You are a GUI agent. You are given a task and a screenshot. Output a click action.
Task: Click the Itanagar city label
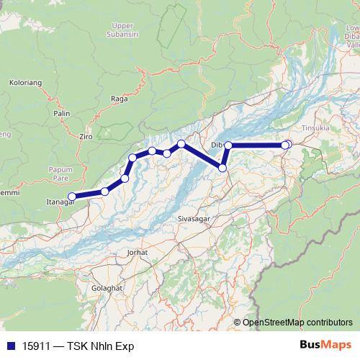[x=60, y=202]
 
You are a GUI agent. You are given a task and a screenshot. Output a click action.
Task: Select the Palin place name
[x=61, y=113]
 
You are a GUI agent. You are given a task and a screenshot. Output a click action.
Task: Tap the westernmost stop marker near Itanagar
[x=71, y=197]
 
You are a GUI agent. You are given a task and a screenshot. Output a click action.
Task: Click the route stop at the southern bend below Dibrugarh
[x=222, y=168]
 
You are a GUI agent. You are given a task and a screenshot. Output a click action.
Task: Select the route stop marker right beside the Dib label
[x=228, y=145]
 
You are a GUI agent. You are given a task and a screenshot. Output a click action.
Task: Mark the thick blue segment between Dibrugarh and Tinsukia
[x=256, y=145]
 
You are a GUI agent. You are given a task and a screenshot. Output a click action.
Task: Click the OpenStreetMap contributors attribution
[x=297, y=323]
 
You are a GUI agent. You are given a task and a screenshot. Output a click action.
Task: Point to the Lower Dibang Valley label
[x=351, y=36]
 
